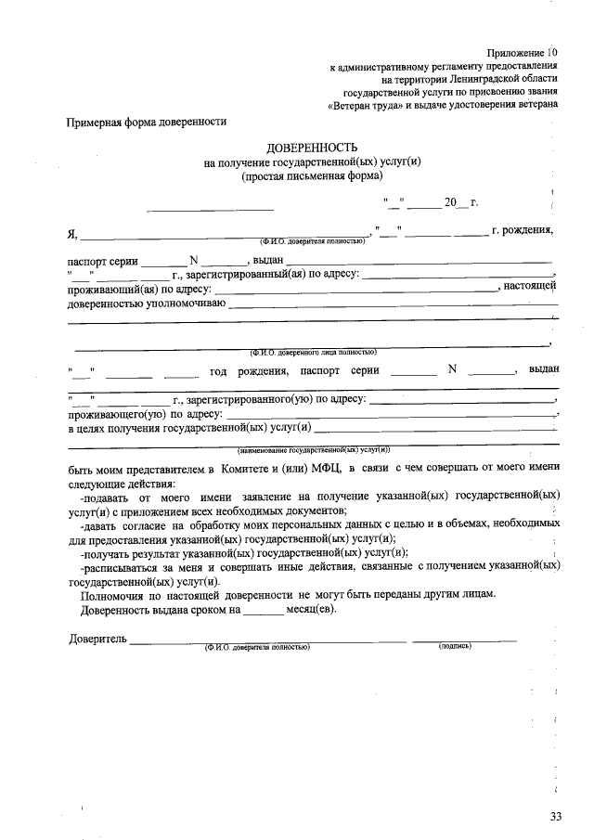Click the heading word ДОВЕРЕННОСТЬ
click(311, 148)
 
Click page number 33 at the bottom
click(556, 817)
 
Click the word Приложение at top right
click(515, 53)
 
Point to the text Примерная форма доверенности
click(147, 122)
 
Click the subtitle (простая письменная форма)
click(311, 174)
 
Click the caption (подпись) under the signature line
click(455, 646)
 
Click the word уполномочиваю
click(184, 303)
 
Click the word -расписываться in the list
click(119, 564)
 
